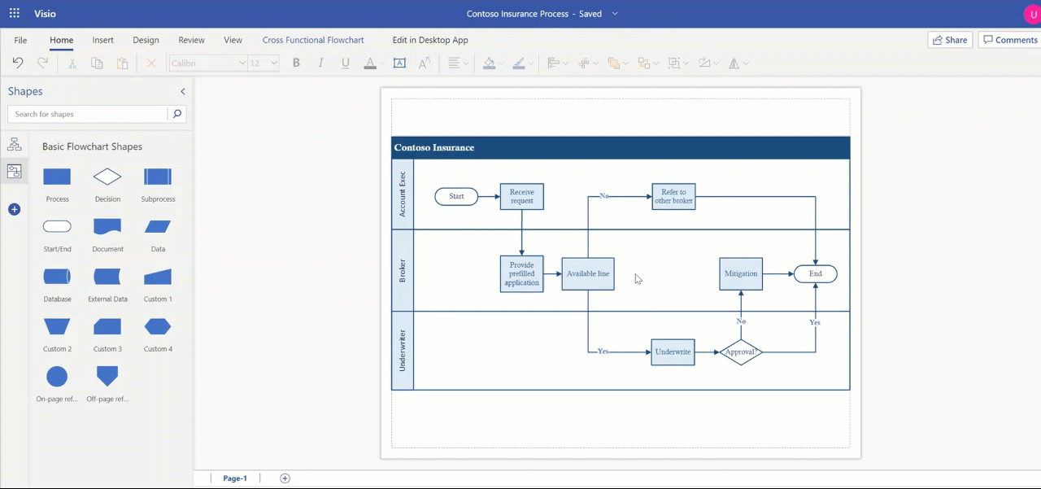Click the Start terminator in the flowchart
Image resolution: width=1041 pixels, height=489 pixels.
point(456,196)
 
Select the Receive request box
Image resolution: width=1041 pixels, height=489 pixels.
point(521,196)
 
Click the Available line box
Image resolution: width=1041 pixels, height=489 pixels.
point(587,273)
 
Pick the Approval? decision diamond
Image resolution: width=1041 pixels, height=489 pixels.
point(740,352)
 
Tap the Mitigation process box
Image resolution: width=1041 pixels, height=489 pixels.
point(740,273)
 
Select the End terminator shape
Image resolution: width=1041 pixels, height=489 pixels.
point(815,273)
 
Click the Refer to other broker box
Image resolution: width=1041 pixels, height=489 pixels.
point(673,196)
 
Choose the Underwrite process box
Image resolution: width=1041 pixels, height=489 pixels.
point(673,352)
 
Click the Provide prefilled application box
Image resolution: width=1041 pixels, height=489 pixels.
point(521,273)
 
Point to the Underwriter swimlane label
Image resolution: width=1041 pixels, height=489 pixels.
point(403,351)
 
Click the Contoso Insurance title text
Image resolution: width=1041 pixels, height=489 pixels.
point(434,147)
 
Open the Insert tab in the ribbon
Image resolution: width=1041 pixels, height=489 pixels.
point(102,40)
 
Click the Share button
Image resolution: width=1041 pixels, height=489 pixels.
point(950,40)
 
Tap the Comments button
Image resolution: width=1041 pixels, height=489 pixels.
point(1009,40)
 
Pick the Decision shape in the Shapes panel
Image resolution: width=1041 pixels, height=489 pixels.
point(107,177)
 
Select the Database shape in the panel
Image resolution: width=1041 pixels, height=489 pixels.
point(57,277)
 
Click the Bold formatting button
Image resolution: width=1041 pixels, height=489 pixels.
point(296,63)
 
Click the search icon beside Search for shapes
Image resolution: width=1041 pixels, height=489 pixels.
point(177,114)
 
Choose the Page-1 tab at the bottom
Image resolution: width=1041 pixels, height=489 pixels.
point(235,478)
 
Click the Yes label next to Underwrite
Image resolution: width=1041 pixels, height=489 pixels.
point(603,351)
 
